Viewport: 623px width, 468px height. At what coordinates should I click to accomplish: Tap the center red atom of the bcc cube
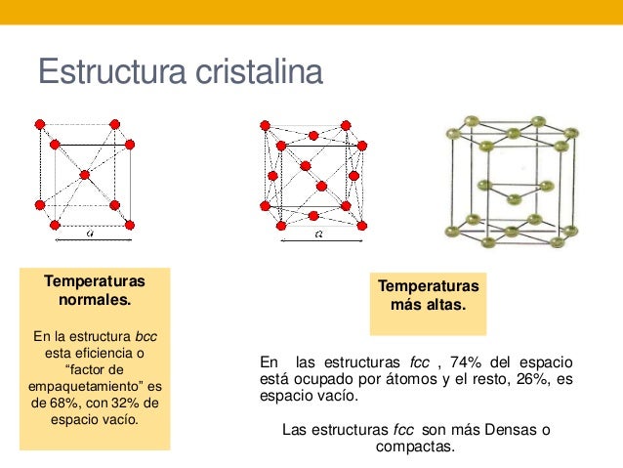point(85,175)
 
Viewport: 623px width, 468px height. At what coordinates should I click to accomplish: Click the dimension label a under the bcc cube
point(89,234)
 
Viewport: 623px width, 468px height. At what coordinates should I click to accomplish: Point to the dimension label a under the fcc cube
point(319,234)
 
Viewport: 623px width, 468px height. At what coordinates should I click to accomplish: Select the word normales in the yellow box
point(95,299)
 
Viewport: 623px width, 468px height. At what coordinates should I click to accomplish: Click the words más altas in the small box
point(428,304)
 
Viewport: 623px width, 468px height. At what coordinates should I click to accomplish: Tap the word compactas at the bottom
point(414,447)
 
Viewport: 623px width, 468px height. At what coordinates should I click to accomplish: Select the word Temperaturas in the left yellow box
point(95,281)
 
